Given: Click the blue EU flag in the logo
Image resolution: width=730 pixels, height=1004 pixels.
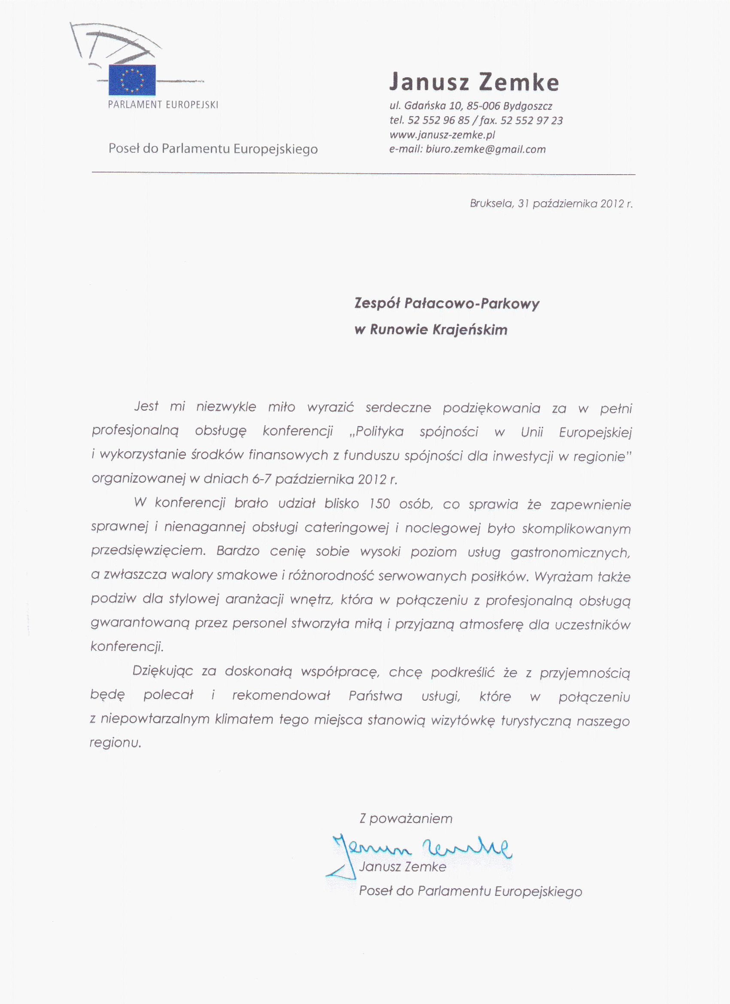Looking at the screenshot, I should point(132,80).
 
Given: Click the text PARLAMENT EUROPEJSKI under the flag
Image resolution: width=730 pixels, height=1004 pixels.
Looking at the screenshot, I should point(163,105).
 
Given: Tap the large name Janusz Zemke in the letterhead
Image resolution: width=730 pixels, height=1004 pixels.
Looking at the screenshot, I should point(474,82).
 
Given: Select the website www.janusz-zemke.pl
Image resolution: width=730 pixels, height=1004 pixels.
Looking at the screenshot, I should point(441,135).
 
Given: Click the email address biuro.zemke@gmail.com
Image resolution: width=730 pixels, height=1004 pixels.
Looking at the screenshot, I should point(486,149).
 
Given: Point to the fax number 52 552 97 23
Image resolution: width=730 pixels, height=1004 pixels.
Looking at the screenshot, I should point(532,121).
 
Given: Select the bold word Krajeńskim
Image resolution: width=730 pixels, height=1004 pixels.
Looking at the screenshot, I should point(470,330).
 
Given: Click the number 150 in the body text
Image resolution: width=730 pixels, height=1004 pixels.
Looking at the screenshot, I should point(380,504).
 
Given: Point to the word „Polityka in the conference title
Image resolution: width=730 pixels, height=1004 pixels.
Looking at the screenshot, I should point(377,432).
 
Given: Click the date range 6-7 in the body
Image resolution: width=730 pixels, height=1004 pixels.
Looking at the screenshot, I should point(262,479).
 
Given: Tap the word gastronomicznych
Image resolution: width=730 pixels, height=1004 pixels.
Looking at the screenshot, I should point(570,553).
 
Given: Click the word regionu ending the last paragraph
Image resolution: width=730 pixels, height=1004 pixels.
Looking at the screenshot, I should point(115,743).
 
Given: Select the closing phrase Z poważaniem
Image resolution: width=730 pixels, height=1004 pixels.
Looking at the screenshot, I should point(406,819).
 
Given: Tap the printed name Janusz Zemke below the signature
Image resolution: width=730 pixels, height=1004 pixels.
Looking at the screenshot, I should point(403,867).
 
